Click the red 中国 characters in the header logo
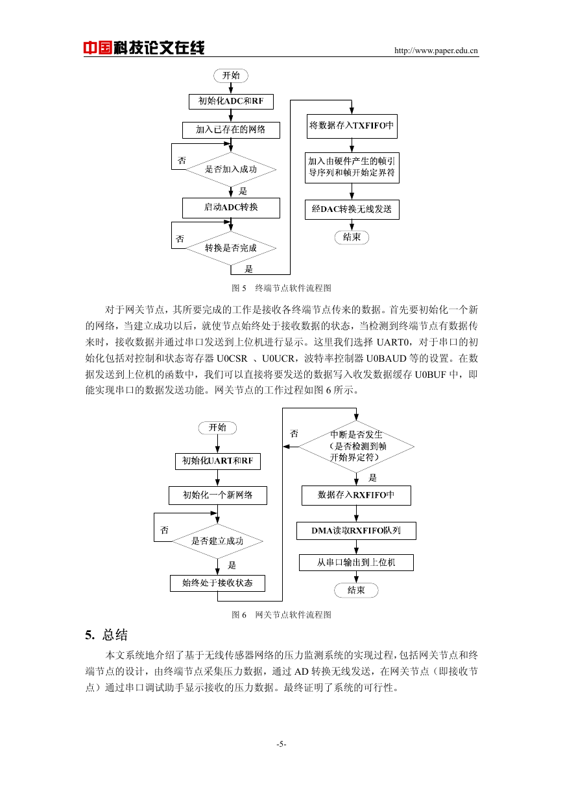point(98,47)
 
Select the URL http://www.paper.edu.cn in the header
point(436,51)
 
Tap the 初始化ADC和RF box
point(231,101)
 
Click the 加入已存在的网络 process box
point(231,130)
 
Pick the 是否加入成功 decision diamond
point(231,169)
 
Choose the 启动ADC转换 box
point(231,207)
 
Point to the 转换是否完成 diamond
point(231,248)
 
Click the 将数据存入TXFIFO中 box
point(352,126)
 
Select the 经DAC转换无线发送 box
point(352,209)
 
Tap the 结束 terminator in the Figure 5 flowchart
point(352,237)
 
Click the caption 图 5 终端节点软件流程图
point(281,288)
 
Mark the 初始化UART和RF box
point(218,461)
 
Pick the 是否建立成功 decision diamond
point(218,541)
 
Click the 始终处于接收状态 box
point(217,583)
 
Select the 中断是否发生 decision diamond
point(356,447)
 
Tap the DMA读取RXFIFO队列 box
point(356,530)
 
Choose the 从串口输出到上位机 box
point(356,563)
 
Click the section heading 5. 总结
point(106,635)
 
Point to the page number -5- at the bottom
point(281,744)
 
